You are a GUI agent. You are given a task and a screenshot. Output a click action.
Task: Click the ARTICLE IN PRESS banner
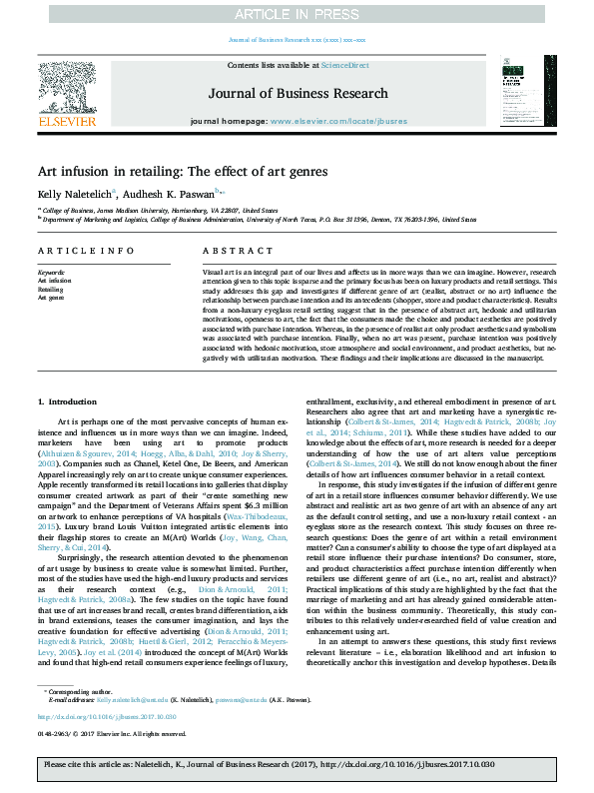(297, 13)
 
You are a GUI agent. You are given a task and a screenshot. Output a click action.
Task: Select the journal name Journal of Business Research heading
(297, 94)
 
